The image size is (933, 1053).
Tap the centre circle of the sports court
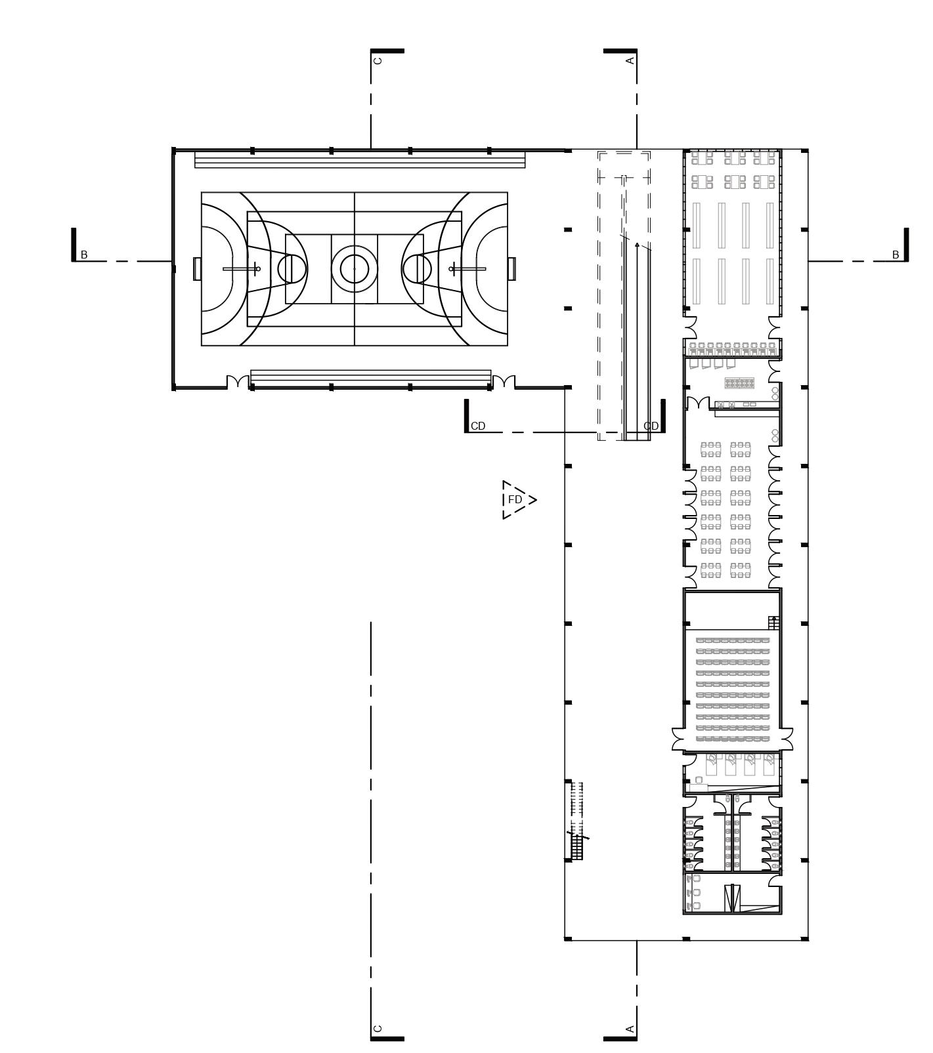click(x=355, y=268)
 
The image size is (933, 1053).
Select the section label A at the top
click(x=630, y=60)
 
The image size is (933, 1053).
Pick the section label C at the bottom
click(x=378, y=1029)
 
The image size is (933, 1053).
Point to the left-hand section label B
click(x=84, y=255)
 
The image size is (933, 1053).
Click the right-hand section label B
click(x=895, y=255)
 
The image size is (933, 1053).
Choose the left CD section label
click(x=478, y=426)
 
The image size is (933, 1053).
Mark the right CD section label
click(x=651, y=426)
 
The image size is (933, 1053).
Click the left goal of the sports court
click(x=197, y=269)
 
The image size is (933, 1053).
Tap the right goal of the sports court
click(x=511, y=269)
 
